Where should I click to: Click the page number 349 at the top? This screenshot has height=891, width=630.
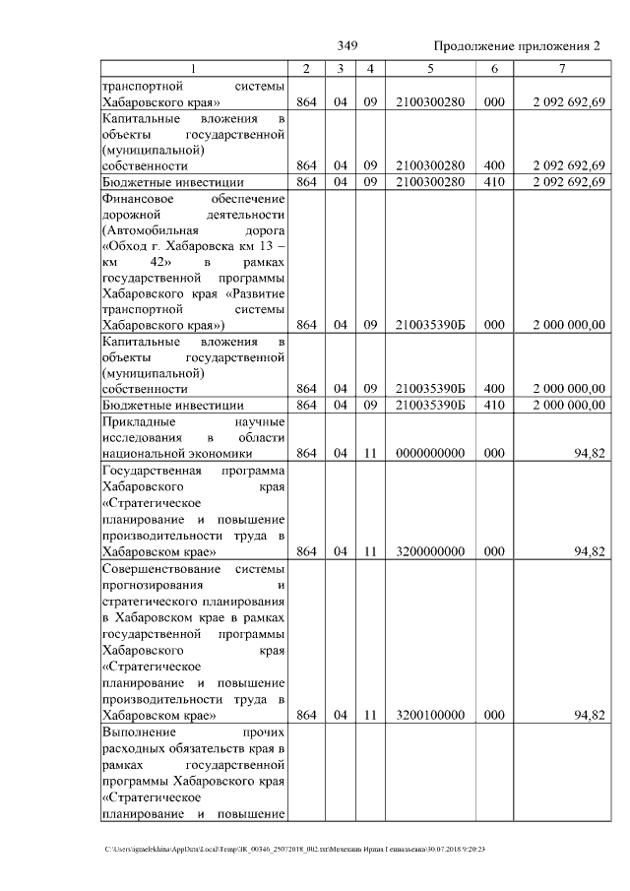point(346,46)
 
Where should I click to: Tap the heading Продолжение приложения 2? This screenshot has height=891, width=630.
point(516,46)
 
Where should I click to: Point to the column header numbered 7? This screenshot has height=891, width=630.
point(561,68)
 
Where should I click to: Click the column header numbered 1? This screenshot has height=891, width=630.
point(194,68)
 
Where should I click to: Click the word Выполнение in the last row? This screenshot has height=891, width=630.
point(139,732)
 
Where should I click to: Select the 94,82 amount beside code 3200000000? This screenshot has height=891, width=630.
point(589,552)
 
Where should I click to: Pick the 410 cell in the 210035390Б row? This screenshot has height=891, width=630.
point(494,405)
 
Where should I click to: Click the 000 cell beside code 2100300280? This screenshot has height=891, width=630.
point(494,102)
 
